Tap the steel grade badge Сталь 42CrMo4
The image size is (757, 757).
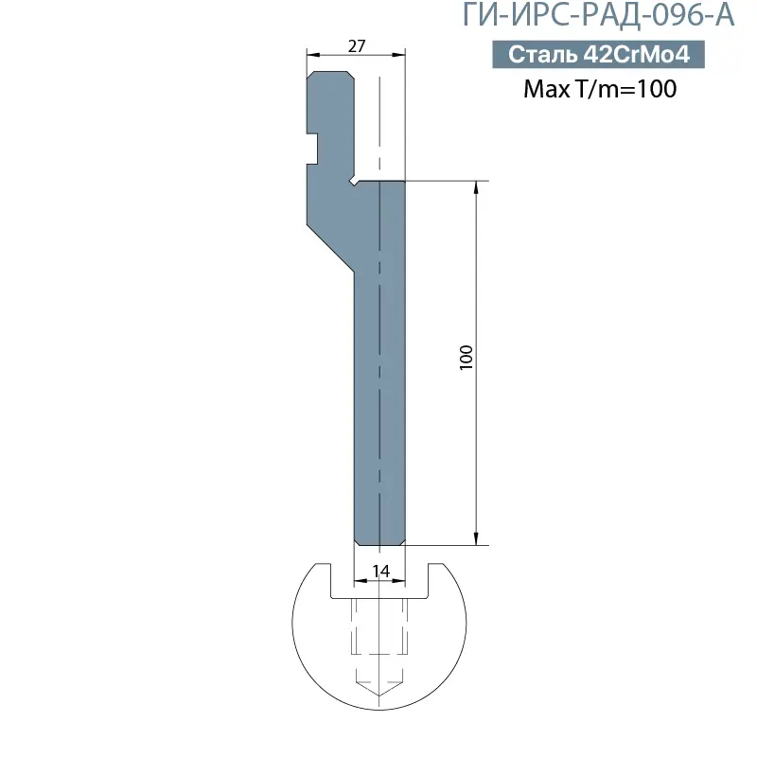point(598,55)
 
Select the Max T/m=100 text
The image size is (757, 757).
point(599,89)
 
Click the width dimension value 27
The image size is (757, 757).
point(357,45)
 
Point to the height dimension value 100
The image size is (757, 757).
point(465,357)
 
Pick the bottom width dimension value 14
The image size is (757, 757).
point(380,571)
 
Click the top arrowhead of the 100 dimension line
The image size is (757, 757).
point(476,186)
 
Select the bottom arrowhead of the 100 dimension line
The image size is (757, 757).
point(476,539)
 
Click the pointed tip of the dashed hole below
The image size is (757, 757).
point(379,696)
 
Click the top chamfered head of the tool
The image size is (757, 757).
point(331,76)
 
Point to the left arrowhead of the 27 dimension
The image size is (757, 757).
point(311,56)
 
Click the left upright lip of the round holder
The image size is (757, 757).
point(324,577)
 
